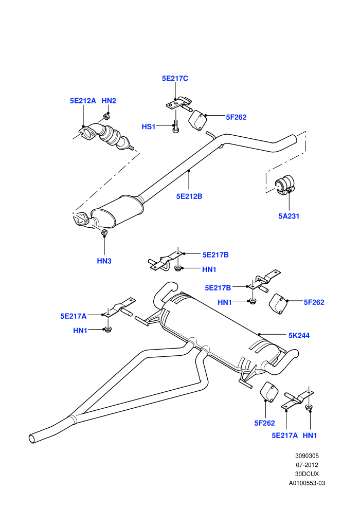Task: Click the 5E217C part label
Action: point(175,79)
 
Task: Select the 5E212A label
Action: point(83,101)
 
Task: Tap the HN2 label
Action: point(109,101)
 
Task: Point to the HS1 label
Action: point(149,126)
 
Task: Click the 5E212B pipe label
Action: point(189,196)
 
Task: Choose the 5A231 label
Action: point(289,216)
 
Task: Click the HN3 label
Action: point(104,261)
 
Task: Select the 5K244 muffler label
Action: point(299,335)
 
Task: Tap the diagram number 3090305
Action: point(307,456)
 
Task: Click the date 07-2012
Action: point(307,465)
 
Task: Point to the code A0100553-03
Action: point(307,483)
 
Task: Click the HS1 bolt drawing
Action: point(175,126)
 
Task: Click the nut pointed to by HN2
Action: point(106,116)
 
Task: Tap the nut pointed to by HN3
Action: point(104,232)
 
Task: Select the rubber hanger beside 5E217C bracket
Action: point(197,120)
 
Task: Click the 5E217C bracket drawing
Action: point(179,103)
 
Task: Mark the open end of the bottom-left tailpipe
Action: point(32,439)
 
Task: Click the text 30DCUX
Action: point(307,474)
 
